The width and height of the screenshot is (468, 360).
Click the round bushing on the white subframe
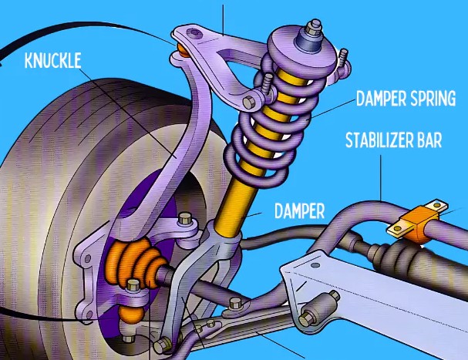click(x=313, y=315)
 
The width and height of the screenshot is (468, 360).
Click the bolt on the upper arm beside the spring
click(x=248, y=102)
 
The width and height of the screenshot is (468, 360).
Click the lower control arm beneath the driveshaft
click(x=231, y=328)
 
